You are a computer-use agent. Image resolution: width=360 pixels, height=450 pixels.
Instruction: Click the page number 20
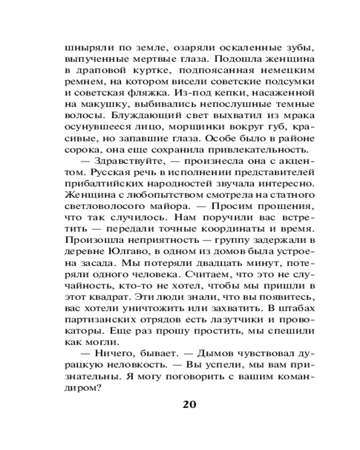189,404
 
